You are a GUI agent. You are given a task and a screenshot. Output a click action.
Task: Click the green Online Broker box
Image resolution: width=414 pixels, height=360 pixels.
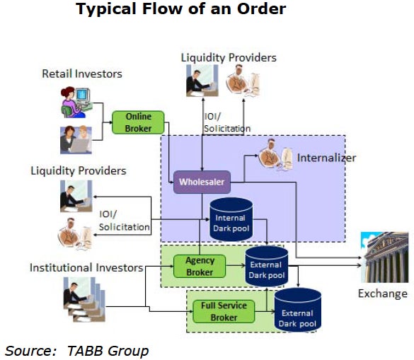[x=138, y=122]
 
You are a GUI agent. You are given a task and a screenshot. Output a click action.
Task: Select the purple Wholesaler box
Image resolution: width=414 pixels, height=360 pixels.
[x=202, y=182]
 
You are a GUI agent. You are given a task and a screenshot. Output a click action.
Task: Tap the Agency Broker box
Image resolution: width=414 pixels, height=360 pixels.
[x=200, y=266]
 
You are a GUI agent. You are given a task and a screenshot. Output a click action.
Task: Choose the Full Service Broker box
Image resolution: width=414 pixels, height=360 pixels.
[x=224, y=311]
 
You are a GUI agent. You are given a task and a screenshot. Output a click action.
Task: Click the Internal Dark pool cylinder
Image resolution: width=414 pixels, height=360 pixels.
[x=231, y=219]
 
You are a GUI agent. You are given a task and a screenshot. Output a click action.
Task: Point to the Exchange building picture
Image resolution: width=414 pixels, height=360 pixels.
[x=384, y=257]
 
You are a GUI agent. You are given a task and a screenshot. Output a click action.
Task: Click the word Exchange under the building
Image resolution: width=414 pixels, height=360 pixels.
[x=383, y=294]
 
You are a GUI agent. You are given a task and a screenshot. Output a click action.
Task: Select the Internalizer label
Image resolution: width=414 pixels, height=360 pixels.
[x=326, y=158]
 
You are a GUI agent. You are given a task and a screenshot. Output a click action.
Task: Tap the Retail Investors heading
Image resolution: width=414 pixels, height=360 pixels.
[x=82, y=74]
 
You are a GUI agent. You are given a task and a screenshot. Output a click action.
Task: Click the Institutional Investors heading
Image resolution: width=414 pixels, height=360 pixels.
[x=86, y=267]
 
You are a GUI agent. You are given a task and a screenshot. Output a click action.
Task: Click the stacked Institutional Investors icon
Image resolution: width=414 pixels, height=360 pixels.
[x=84, y=300]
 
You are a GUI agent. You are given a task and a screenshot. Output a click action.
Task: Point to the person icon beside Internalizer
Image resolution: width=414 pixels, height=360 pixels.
[x=275, y=156]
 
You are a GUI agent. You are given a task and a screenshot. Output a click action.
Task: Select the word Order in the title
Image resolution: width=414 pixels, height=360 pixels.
[x=261, y=8]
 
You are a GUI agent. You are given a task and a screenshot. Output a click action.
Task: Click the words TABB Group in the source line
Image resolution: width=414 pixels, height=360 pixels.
[x=108, y=351]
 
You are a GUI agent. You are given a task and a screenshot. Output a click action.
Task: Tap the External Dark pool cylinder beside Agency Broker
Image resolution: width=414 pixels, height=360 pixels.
[x=267, y=266]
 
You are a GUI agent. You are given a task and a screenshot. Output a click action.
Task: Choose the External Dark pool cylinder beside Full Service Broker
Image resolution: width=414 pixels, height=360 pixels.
[x=298, y=309]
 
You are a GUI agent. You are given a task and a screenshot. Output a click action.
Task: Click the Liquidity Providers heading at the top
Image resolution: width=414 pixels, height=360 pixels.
[x=229, y=57]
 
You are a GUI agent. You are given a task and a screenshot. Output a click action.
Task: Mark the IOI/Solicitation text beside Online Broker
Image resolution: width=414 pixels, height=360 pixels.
[x=227, y=122]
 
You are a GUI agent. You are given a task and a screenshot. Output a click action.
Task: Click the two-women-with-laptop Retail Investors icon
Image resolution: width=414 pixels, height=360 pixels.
[x=76, y=139]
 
